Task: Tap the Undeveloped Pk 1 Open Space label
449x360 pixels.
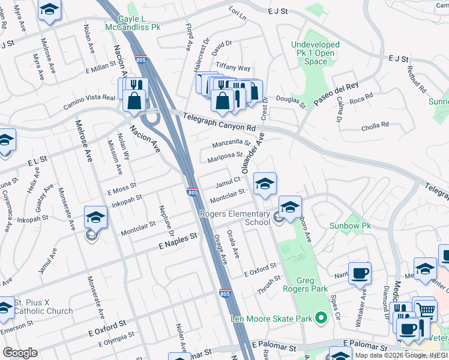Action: [315, 53]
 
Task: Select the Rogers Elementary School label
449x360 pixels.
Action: [235, 218]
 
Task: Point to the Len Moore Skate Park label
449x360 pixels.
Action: [272, 318]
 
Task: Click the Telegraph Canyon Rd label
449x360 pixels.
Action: [220, 122]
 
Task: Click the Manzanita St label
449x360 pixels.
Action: [231, 143]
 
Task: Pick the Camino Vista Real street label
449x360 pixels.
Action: [89, 102]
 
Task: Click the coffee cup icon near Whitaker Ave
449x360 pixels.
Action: [360, 274]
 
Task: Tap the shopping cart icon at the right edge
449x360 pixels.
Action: [426, 310]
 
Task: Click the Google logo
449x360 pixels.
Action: [20, 353]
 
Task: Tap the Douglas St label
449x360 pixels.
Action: [291, 102]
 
